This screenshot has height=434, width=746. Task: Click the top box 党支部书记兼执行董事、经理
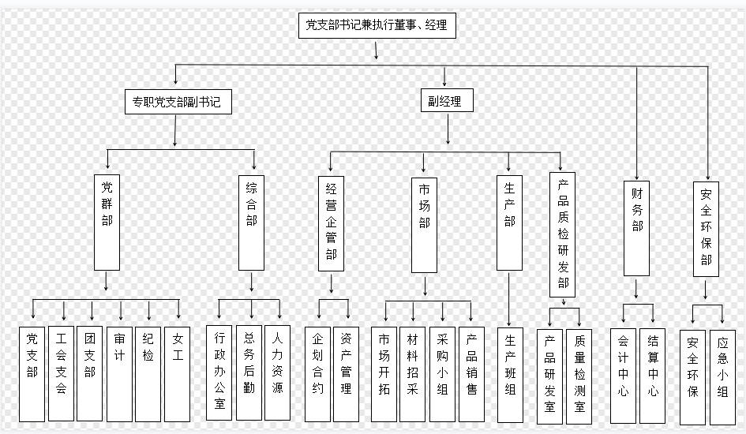(377, 26)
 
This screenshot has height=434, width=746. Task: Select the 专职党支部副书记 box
(178, 102)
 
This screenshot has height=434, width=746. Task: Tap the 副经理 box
(447, 100)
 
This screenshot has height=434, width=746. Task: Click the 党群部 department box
(107, 222)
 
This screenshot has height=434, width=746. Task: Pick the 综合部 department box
(251, 223)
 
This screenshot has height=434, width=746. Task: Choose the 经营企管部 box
(331, 223)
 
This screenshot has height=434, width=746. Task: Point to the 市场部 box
(424, 225)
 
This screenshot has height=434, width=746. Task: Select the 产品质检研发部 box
(562, 235)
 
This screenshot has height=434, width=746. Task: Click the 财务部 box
(636, 228)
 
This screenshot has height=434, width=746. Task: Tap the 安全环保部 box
(706, 229)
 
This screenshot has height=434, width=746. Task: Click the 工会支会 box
(62, 373)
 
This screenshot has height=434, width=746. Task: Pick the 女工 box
(177, 374)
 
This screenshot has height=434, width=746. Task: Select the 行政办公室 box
(219, 372)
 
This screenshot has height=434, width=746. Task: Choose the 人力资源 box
(277, 372)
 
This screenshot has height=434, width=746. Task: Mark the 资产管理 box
(346, 374)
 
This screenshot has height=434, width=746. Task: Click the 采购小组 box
(442, 374)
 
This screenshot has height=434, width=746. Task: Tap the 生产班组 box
(510, 375)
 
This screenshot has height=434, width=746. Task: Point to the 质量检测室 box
(579, 376)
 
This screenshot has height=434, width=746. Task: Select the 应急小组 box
(722, 377)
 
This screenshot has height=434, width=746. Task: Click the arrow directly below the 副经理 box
(448, 129)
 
